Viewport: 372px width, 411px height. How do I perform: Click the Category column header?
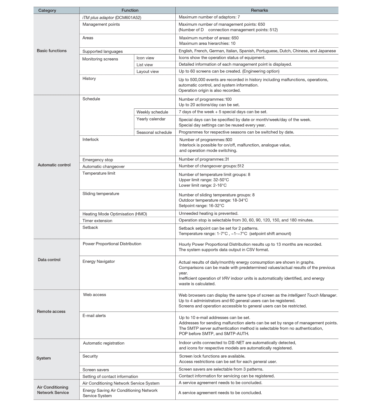(47, 10)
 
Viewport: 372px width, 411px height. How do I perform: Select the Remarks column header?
(259, 10)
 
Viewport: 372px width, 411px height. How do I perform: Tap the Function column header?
(130, 10)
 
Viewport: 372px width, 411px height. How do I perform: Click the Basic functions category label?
(52, 51)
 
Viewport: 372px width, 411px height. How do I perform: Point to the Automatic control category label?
(54, 165)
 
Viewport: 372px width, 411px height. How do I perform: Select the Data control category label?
(49, 260)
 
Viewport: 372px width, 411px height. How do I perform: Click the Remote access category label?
(51, 311)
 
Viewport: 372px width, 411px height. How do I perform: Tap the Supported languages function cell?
(103, 51)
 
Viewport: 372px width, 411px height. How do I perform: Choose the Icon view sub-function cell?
(145, 58)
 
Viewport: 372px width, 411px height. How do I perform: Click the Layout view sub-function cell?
(148, 71)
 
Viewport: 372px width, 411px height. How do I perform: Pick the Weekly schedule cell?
(152, 112)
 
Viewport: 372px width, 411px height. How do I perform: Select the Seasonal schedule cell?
(154, 132)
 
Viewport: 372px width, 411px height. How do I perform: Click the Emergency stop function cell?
(98, 160)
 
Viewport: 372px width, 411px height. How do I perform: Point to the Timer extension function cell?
(97, 221)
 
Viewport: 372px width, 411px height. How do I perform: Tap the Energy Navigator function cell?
(99, 261)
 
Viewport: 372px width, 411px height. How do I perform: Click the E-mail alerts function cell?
(94, 315)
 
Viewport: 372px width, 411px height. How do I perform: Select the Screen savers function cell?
(96, 370)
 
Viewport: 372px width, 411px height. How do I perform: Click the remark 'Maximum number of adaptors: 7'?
(209, 17)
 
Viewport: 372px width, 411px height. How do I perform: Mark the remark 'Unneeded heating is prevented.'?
(208, 213)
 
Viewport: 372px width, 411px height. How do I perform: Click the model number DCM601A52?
(128, 17)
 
